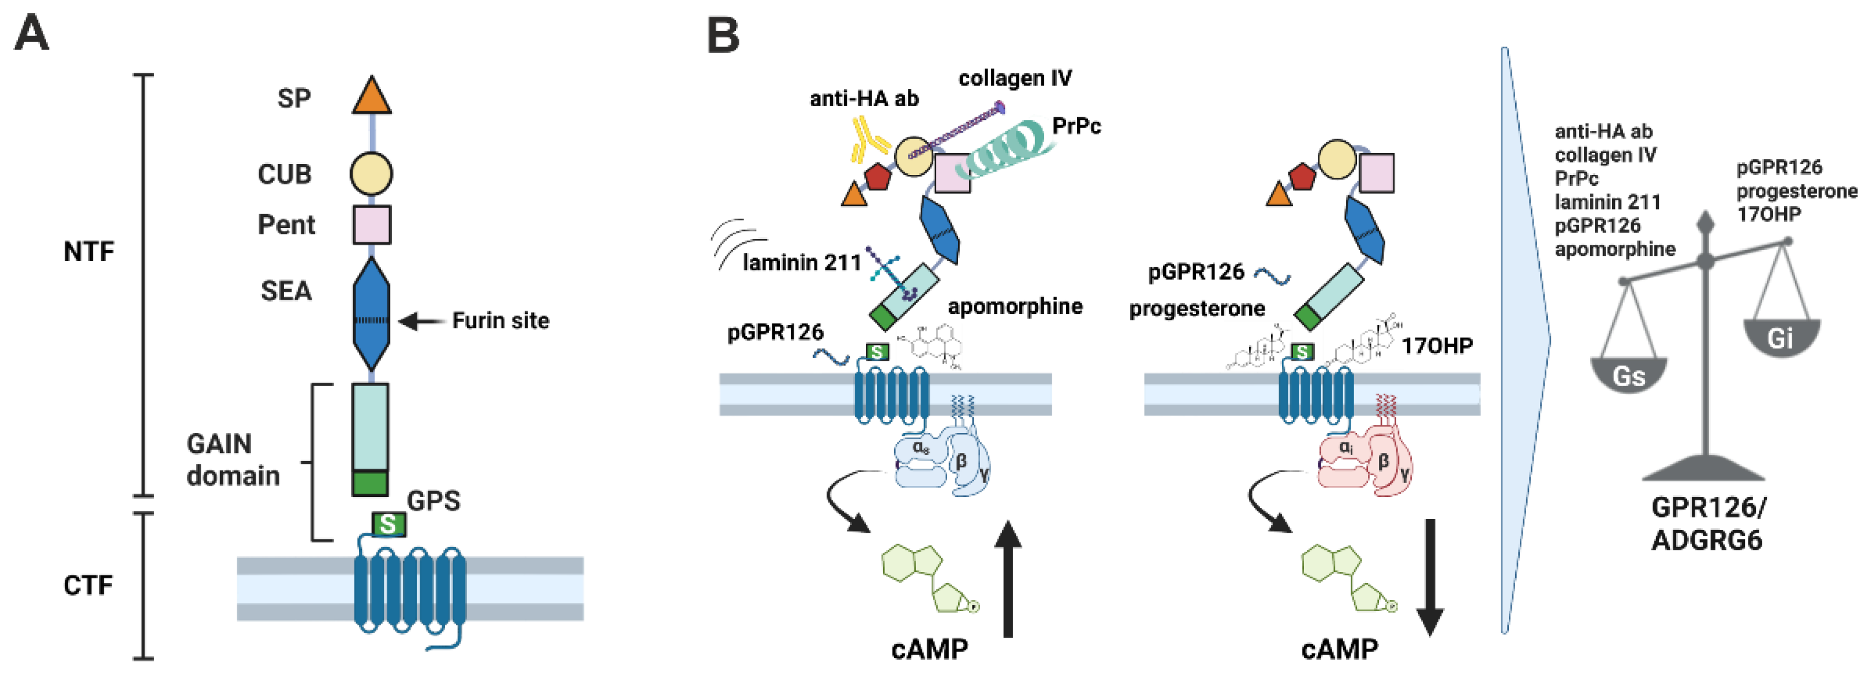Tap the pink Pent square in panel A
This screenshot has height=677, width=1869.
[372, 224]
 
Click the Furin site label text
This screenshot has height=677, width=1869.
[500, 321]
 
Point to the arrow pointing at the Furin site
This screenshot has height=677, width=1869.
[421, 321]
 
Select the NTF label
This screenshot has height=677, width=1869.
[88, 252]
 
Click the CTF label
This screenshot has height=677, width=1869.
[88, 585]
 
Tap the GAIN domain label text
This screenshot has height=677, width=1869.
[232, 459]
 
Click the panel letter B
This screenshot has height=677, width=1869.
[723, 36]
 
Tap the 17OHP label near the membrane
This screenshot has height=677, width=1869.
[1437, 346]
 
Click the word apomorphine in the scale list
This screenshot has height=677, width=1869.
[1614, 249]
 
